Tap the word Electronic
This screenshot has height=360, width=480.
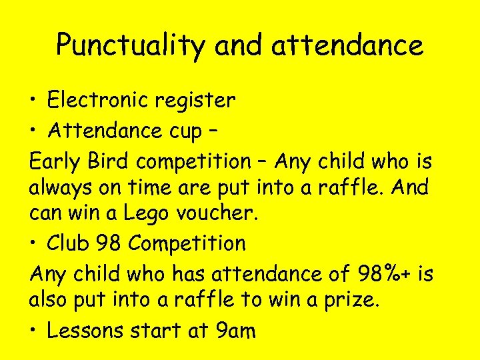[x=99, y=100]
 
